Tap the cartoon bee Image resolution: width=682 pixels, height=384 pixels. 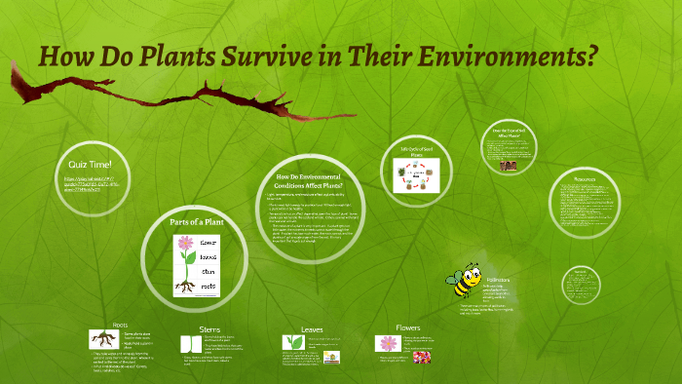tap(462, 281)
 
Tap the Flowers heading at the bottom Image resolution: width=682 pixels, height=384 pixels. tap(408, 327)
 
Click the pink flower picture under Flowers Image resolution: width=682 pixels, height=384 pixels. tap(387, 343)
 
